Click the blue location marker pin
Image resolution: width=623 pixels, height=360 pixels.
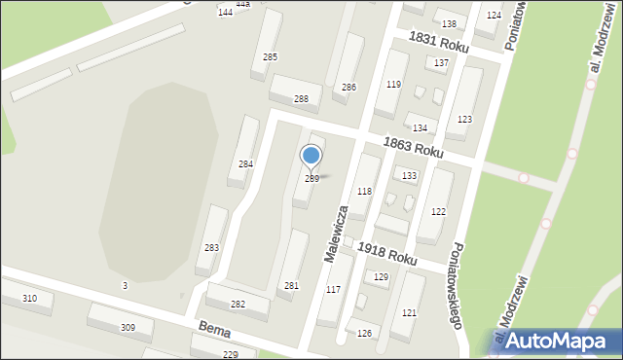click(311, 156)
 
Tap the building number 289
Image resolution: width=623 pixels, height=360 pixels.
click(311, 179)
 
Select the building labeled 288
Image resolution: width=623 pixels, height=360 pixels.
click(301, 99)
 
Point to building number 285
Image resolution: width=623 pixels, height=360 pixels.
click(270, 57)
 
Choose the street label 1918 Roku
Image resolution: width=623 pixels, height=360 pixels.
click(386, 254)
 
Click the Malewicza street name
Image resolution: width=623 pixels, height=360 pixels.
click(336, 234)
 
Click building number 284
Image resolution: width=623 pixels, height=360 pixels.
click(246, 164)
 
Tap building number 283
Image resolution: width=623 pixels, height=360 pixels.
click(211, 248)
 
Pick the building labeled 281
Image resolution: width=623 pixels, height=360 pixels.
click(291, 285)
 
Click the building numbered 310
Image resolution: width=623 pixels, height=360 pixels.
click(30, 298)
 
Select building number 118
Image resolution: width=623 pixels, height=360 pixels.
click(364, 192)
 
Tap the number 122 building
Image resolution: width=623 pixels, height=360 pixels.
click(438, 211)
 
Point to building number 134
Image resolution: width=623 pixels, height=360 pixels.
click(420, 128)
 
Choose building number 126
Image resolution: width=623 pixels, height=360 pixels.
click(364, 334)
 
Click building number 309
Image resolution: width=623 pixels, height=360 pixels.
click(128, 327)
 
